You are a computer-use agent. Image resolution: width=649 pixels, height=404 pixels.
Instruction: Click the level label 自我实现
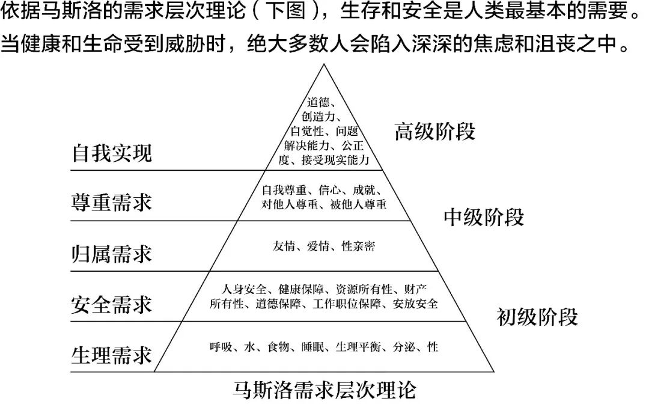112,153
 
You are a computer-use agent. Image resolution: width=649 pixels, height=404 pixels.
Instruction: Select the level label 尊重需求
112,203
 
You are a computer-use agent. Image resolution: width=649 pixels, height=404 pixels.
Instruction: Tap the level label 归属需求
112,253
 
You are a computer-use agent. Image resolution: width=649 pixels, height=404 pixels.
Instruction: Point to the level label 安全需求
112,304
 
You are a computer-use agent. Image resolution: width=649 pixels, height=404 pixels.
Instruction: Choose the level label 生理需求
112,355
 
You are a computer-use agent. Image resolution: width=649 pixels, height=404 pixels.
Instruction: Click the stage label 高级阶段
435,132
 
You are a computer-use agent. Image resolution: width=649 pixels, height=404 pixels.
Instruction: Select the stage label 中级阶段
484,217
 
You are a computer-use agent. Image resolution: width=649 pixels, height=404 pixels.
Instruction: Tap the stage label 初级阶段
537,317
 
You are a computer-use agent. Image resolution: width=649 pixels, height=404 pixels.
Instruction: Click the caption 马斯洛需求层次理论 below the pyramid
324,390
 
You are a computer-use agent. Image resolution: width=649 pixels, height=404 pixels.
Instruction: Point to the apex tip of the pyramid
324,64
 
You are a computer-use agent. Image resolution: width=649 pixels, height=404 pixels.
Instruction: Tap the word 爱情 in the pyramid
318,246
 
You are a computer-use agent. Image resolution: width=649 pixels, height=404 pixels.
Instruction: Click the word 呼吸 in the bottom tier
221,346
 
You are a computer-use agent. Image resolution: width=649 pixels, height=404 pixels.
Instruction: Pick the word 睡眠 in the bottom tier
312,346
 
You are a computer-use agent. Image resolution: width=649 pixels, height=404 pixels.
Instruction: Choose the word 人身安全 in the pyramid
244,289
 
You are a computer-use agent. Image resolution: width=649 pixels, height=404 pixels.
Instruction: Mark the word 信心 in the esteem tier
330,190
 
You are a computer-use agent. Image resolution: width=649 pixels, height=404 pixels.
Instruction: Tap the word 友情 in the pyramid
284,246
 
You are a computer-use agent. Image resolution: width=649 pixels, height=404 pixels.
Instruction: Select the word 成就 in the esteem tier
364,190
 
